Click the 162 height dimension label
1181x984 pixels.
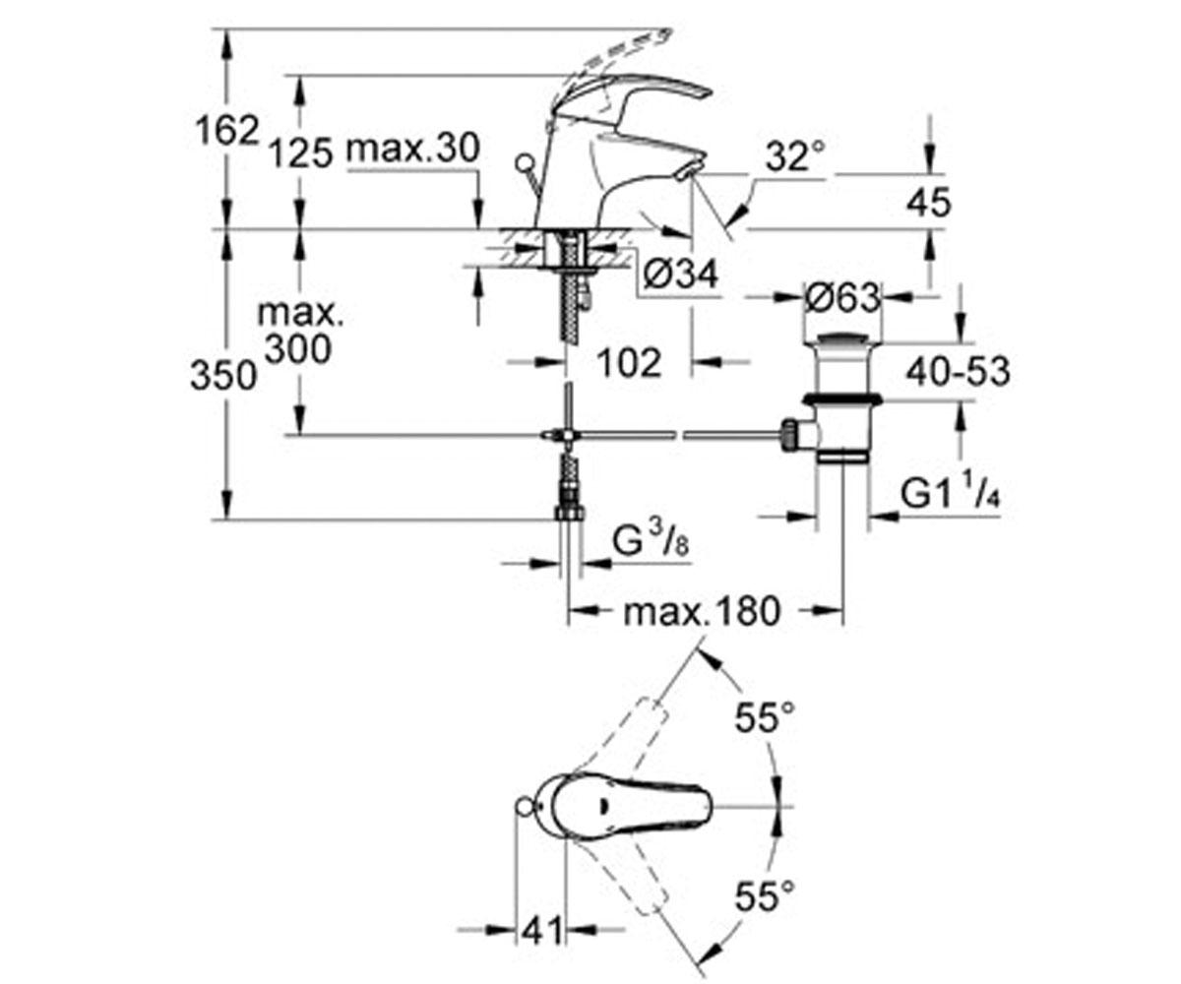coord(226,132)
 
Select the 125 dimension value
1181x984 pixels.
coord(300,153)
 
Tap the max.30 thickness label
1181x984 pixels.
coord(413,149)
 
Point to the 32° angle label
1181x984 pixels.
coord(794,156)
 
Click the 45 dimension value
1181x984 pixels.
coord(929,203)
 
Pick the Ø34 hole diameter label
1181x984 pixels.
coord(680,275)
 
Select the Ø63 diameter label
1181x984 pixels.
coord(842,297)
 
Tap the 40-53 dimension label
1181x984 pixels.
coord(959,372)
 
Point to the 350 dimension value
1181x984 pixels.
coord(223,376)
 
